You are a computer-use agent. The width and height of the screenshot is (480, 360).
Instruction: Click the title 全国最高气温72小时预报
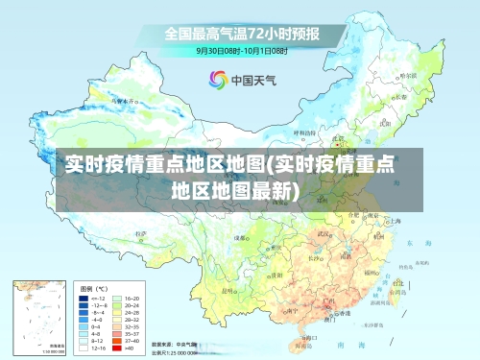tap(241, 33)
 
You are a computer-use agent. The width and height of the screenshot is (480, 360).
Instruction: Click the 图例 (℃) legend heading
tap(93, 288)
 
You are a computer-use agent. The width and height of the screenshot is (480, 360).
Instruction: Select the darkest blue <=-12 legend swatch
tap(84, 299)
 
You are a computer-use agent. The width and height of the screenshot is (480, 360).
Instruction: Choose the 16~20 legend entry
tap(132, 299)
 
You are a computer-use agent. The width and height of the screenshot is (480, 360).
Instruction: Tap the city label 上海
tap(391, 220)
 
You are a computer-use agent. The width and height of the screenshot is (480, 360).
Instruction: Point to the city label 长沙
tap(315, 257)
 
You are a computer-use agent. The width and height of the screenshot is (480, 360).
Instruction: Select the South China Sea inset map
tap(40, 318)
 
